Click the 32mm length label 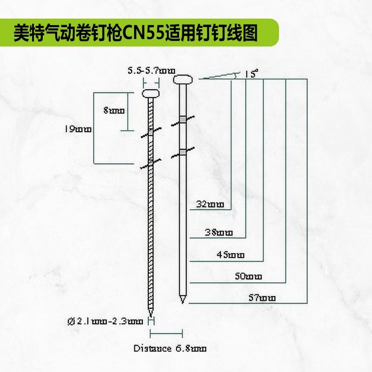[210, 204]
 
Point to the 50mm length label [249, 276]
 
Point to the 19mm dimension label [78, 128]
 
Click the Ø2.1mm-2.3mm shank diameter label [106, 321]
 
